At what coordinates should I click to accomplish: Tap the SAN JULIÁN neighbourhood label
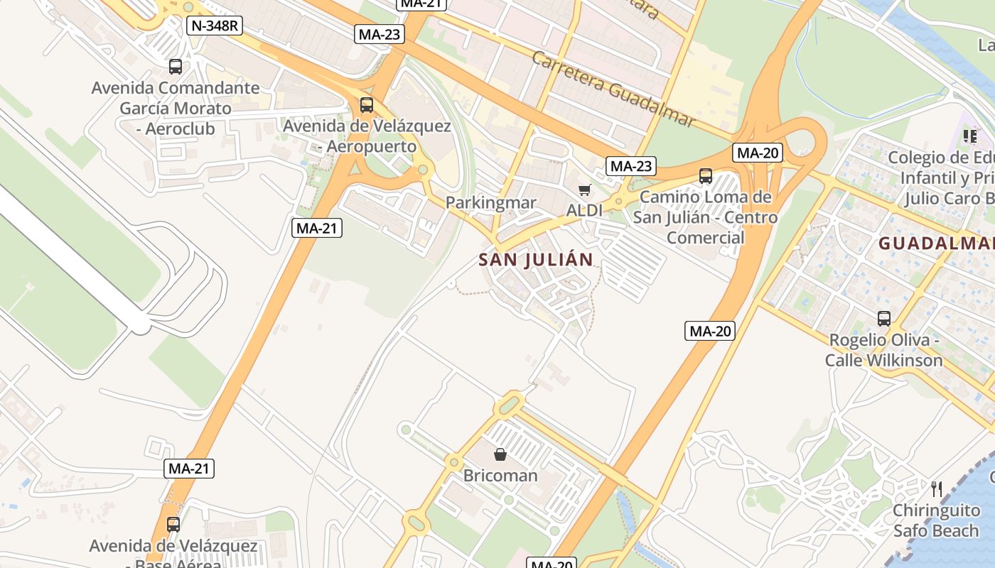coord(536,260)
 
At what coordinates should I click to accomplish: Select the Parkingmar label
coord(490,202)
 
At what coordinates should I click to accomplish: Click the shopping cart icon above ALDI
coord(584,190)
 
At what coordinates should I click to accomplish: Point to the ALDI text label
coord(584,210)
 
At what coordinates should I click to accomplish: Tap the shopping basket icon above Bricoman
coord(500,454)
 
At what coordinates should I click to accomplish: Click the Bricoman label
coord(500,475)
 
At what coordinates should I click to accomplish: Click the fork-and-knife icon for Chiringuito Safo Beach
coord(937,488)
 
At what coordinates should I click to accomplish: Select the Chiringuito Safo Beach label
coord(935,520)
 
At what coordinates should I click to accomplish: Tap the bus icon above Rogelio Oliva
coord(884,319)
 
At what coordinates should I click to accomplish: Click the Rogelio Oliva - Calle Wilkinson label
coord(883,350)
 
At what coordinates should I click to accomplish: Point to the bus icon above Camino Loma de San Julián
coord(706,175)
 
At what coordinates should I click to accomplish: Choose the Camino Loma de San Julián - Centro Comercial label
coord(705,217)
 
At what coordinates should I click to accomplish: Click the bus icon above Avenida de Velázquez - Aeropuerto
coord(367,105)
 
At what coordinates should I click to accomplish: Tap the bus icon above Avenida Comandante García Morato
coord(176,67)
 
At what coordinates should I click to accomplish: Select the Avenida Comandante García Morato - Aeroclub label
coord(176,108)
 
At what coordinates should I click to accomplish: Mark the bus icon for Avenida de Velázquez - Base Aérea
coord(173,525)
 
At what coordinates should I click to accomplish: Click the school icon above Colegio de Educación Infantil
coord(969,136)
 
